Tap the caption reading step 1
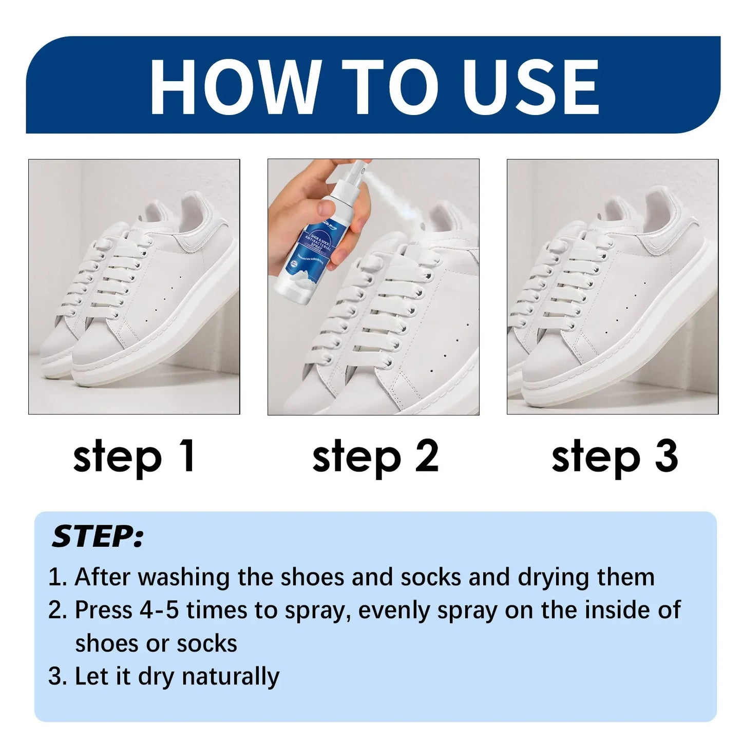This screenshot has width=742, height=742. [134, 456]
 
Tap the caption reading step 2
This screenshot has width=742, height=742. [375, 456]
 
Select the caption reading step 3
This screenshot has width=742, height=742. [614, 456]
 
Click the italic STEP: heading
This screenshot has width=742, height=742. [98, 537]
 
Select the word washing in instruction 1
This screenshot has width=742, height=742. [183, 577]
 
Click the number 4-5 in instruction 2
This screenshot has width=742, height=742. [159, 610]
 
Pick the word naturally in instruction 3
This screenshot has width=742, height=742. [231, 676]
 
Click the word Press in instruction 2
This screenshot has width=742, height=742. [103, 610]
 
